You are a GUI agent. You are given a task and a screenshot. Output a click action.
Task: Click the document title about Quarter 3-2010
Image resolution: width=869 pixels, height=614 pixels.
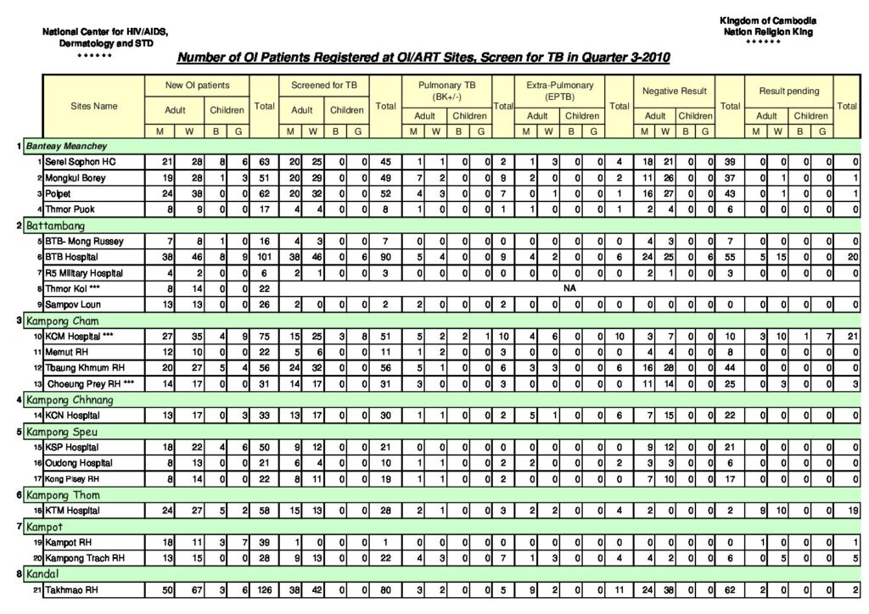[423, 59]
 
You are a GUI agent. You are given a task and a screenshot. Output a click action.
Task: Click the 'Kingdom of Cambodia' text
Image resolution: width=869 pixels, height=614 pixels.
[768, 20]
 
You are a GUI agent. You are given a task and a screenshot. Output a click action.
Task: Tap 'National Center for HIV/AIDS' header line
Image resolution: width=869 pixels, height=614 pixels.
[105, 31]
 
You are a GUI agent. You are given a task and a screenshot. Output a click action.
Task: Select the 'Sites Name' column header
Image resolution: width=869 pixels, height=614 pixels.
[94, 106]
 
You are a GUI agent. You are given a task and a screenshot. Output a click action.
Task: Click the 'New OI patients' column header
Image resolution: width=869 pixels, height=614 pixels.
[197, 86]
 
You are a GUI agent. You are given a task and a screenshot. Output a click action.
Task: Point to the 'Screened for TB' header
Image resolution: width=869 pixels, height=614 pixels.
[324, 86]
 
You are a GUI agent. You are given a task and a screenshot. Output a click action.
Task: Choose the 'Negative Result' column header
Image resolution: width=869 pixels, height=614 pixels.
[676, 90]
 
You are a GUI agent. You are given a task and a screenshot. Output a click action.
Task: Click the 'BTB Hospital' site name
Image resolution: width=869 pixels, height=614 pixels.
[73, 256]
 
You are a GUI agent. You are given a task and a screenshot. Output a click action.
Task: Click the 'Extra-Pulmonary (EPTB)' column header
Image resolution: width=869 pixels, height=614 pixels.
[560, 91]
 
